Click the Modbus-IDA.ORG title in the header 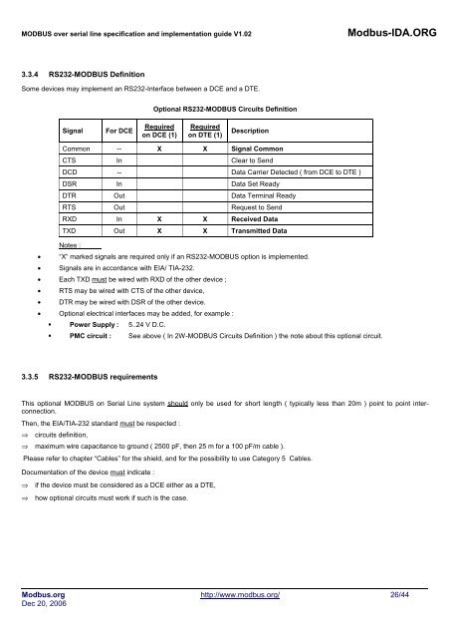[x=391, y=34]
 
